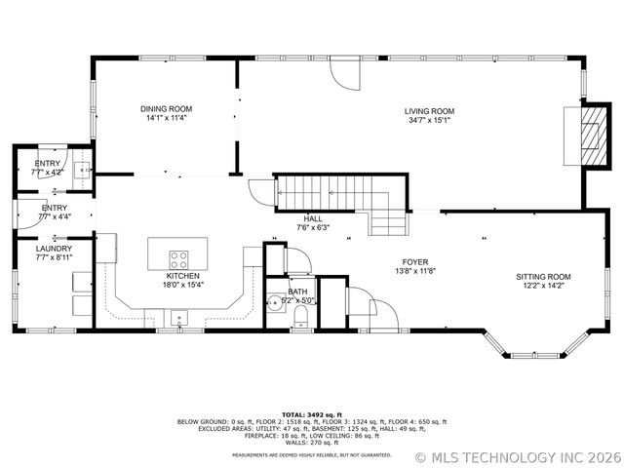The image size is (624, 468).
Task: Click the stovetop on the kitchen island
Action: pyautogui.click(x=179, y=259)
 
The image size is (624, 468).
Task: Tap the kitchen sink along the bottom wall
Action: pyautogui.click(x=179, y=317)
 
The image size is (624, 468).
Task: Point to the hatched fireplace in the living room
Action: pyautogui.click(x=588, y=136)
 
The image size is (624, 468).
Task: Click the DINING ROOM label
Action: pyautogui.click(x=166, y=109)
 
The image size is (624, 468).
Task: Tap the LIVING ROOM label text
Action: pyautogui.click(x=430, y=111)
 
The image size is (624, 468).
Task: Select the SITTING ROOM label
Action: pyautogui.click(x=543, y=277)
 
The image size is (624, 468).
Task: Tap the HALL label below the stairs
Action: pyautogui.click(x=313, y=218)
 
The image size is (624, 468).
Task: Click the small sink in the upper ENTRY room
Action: pyautogui.click(x=85, y=169)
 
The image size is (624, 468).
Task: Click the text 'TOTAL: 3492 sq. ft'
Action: pyautogui.click(x=312, y=414)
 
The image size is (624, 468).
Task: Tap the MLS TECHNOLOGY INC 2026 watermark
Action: pyautogui.click(x=517, y=456)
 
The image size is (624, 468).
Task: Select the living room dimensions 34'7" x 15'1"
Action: pyautogui.click(x=430, y=121)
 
